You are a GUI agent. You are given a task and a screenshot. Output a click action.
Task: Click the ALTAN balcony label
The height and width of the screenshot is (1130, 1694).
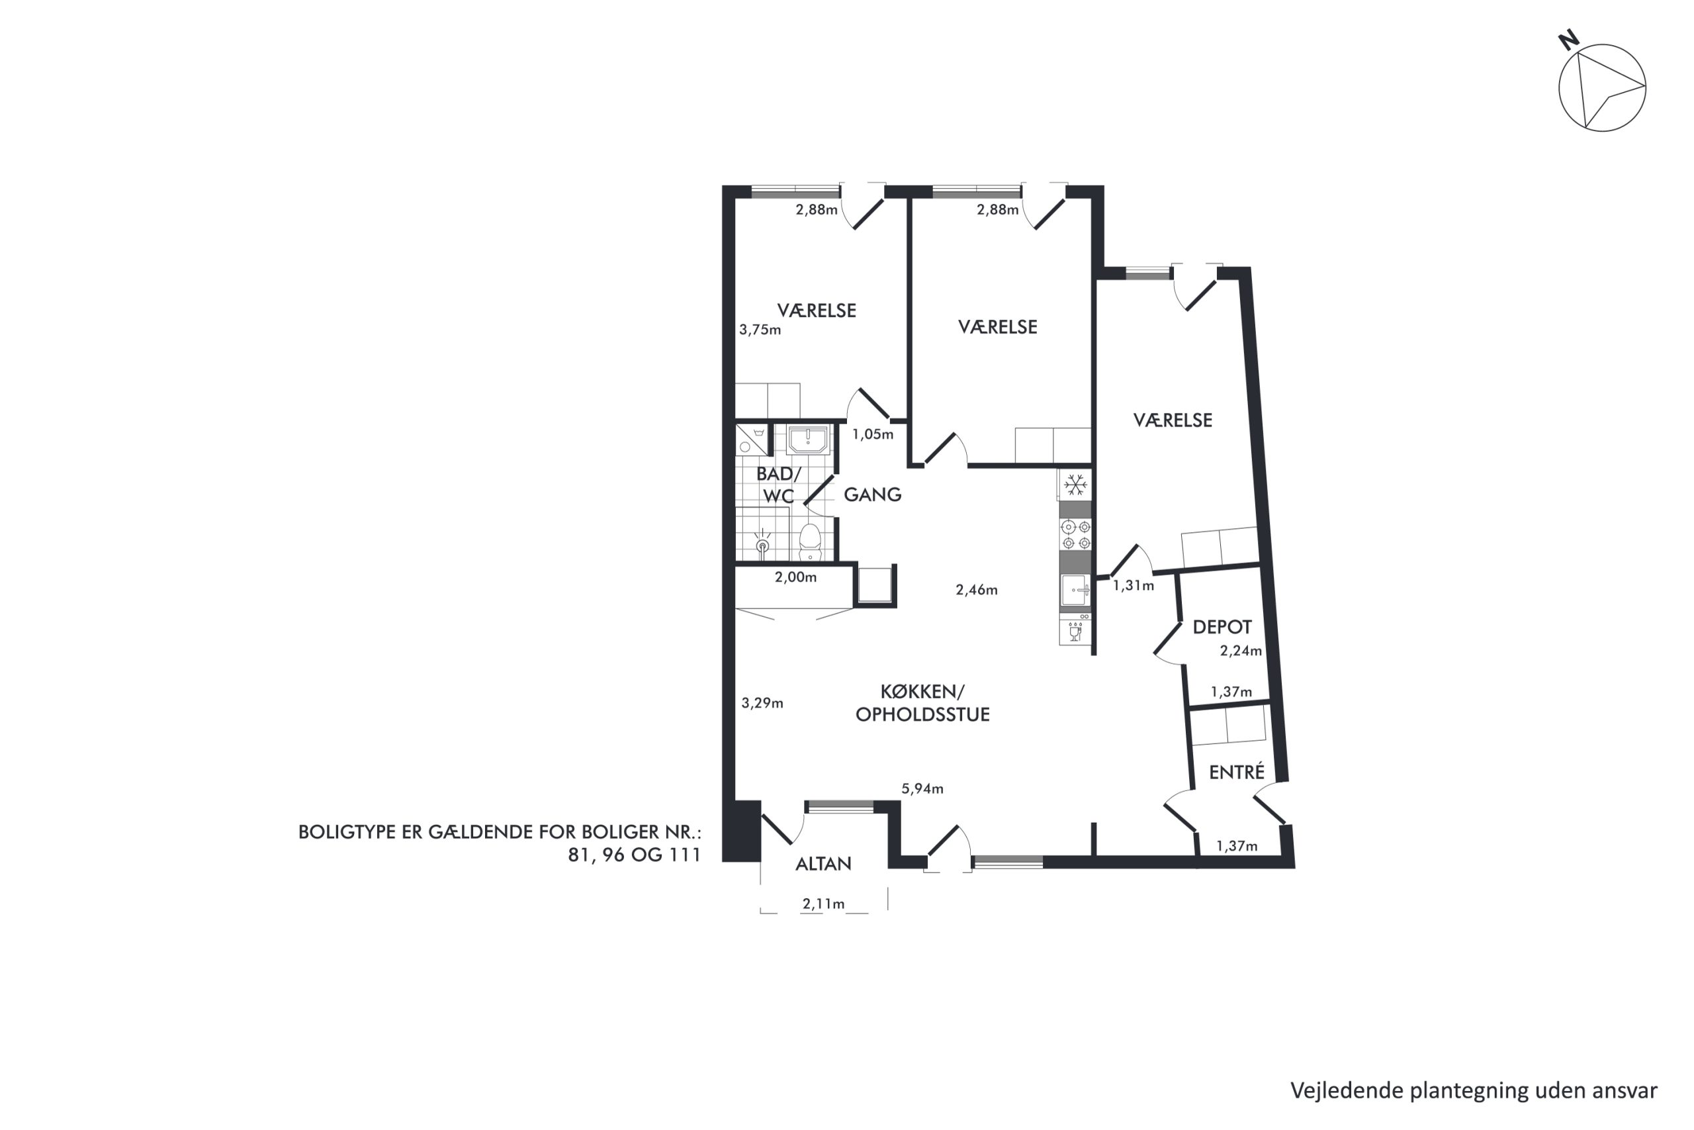pyautogui.click(x=823, y=863)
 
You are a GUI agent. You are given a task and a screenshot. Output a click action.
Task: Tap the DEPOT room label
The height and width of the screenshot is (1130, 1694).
pyautogui.click(x=1222, y=627)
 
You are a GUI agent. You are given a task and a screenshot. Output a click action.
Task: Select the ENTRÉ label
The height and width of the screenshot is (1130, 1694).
pyautogui.click(x=1237, y=772)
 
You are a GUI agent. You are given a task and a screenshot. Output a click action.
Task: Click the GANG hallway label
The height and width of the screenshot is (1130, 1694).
pyautogui.click(x=872, y=494)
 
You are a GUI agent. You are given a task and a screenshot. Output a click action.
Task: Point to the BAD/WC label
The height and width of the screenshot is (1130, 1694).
pyautogui.click(x=779, y=485)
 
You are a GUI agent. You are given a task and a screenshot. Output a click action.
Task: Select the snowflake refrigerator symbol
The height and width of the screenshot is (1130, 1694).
pyautogui.click(x=1075, y=485)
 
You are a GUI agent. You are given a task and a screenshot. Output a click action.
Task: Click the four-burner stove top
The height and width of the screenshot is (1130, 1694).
pyautogui.click(x=1076, y=535)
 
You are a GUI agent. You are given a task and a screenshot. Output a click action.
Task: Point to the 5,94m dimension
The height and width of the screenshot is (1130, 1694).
pyautogui.click(x=922, y=788)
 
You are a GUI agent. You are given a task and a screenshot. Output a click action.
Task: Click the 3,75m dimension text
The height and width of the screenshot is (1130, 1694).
pyautogui.click(x=760, y=330)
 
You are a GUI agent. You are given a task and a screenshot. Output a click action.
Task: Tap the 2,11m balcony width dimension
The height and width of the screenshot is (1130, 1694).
pyautogui.click(x=823, y=904)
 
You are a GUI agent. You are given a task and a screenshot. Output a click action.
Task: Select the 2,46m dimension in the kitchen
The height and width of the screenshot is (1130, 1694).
pyautogui.click(x=977, y=590)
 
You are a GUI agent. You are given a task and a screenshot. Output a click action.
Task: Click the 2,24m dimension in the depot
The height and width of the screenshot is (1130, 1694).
pyautogui.click(x=1241, y=651)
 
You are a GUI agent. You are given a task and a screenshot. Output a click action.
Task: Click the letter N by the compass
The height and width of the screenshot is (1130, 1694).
pyautogui.click(x=1570, y=40)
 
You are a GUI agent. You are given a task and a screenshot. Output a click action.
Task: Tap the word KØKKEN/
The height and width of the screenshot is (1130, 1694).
pyautogui.click(x=922, y=692)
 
